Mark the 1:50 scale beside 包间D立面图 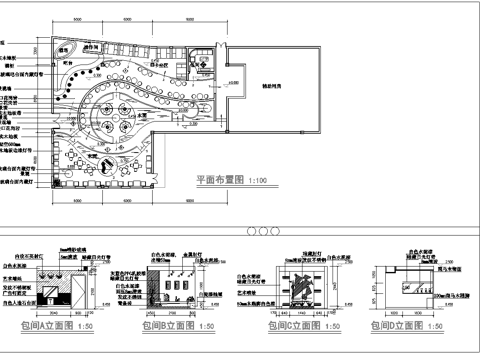coord(438,326)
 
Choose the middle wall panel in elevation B coord(179,286)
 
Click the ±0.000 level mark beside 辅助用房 coord(234,83)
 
